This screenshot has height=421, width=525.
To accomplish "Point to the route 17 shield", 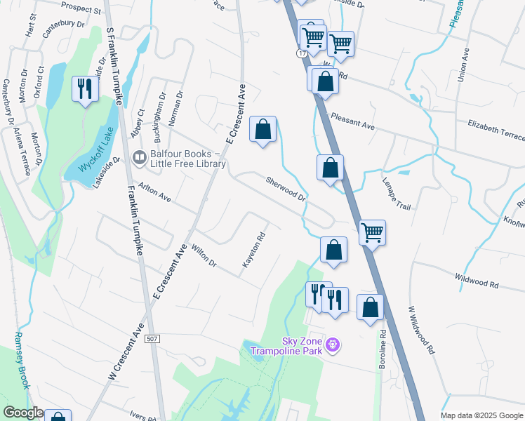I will point(301,53).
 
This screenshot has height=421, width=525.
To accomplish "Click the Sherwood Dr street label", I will point(286,189).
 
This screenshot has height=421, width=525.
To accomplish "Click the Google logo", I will point(22,413).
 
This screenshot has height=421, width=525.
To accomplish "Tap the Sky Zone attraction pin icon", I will point(333,345).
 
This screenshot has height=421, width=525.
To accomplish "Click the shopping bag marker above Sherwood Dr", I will point(262,129).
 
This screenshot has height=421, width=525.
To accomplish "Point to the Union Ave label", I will point(463,65).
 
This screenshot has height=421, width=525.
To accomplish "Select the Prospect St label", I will point(81,7).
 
